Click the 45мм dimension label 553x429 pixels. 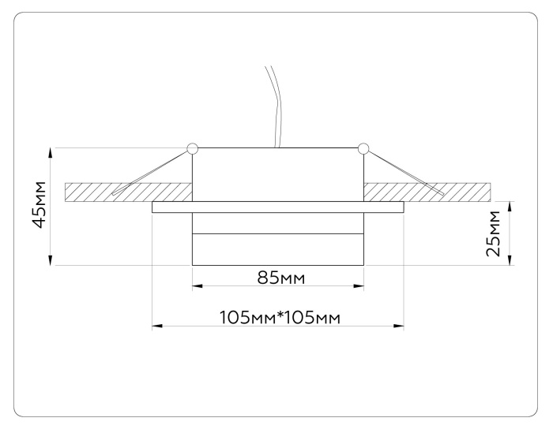[x=37, y=207]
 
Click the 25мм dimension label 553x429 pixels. [x=492, y=233]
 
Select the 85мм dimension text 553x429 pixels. [x=277, y=278]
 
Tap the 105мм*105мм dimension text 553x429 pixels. [x=278, y=317]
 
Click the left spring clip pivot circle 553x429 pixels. [x=192, y=147]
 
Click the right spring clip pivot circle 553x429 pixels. [x=363, y=147]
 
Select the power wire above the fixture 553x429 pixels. [x=276, y=103]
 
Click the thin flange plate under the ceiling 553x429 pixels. [x=277, y=207]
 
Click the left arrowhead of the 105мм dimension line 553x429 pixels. [x=156, y=325]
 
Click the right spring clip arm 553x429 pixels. [x=403, y=172]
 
